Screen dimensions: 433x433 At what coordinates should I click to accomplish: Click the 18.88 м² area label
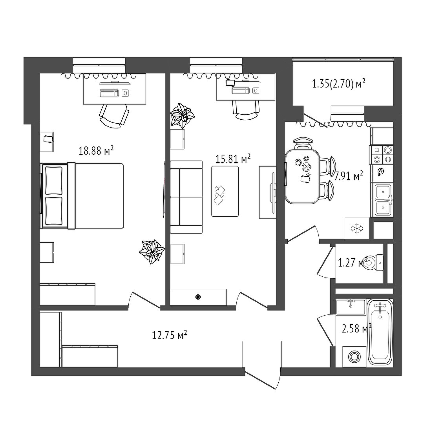[96, 151]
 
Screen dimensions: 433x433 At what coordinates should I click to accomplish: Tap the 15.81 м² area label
[233, 159]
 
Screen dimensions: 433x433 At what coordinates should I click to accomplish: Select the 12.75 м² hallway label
[170, 335]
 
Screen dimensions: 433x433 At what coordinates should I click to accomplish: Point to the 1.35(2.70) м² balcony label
[339, 83]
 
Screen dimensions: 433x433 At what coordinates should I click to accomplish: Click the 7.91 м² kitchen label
[349, 175]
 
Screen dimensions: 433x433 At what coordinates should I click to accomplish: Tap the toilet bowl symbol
[373, 263]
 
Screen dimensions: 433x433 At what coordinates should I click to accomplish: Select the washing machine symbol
[354, 356]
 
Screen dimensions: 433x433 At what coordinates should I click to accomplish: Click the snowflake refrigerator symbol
[357, 228]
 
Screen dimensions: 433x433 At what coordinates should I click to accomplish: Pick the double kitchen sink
[383, 200]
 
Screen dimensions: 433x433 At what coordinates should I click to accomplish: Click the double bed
[82, 195]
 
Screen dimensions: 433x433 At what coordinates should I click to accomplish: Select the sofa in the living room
[186, 197]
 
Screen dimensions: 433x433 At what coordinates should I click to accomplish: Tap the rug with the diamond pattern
[225, 191]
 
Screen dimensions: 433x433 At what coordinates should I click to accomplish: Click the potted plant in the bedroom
[152, 252]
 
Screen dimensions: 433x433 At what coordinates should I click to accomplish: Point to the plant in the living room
[182, 115]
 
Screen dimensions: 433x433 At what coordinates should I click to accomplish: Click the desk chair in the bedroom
[114, 116]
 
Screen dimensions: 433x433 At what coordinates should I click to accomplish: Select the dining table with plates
[302, 176]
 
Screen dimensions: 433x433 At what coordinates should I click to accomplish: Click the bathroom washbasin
[351, 307]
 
